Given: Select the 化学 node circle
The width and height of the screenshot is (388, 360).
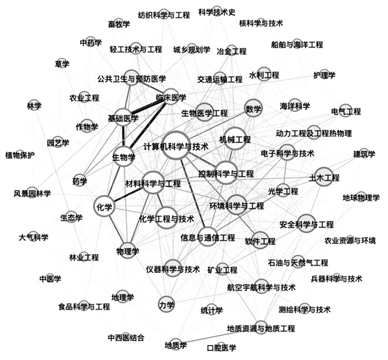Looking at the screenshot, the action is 104,206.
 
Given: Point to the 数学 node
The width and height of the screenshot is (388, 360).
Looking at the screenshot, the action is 253,109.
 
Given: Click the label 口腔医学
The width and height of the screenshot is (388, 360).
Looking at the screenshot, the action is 221,348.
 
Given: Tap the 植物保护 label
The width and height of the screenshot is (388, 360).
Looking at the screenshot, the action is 19,155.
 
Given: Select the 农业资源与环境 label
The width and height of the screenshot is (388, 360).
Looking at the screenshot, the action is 350,240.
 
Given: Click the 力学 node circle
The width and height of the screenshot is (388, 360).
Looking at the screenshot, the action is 166,304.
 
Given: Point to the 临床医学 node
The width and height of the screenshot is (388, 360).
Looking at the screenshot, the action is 171,98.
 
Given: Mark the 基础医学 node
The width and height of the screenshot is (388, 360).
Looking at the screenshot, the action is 123,118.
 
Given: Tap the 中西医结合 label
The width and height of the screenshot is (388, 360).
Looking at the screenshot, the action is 126,337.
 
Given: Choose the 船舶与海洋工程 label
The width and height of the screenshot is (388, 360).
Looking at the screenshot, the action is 297,44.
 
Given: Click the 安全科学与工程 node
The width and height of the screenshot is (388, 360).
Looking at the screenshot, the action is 305,224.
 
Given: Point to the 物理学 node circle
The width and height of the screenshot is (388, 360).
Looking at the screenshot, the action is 127,251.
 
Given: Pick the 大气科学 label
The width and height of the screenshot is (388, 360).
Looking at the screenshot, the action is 33,237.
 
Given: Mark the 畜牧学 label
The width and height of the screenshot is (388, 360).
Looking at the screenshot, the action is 119,23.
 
